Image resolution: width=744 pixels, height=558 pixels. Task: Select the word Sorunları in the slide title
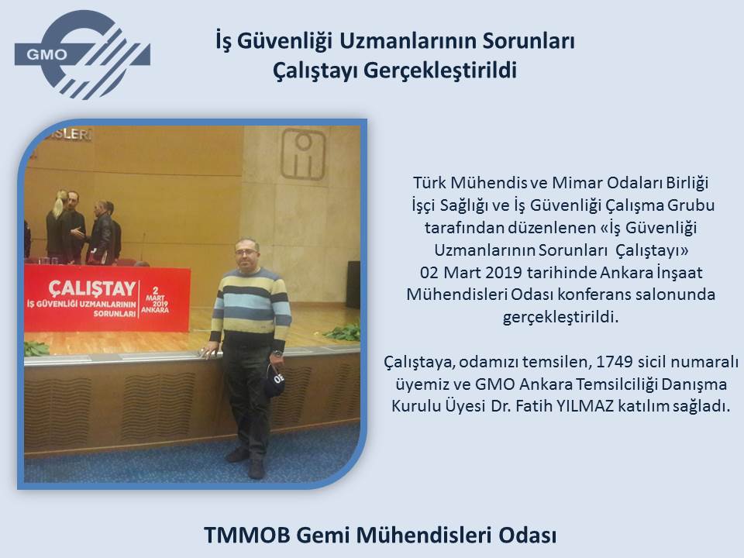[x=529, y=41]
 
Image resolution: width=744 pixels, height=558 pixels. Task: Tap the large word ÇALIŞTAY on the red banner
[x=92, y=288]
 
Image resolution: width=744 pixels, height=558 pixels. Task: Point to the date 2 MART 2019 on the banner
[x=155, y=300]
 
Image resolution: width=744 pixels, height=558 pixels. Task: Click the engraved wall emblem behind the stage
[x=303, y=154]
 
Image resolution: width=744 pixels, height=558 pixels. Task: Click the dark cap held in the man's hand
[x=274, y=380]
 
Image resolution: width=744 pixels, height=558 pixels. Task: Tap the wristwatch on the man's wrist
[x=278, y=353]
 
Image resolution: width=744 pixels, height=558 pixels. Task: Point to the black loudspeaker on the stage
[x=353, y=284]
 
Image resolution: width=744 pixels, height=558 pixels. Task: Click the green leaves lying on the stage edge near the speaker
[x=343, y=332]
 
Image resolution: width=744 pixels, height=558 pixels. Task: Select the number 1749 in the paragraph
[x=614, y=362]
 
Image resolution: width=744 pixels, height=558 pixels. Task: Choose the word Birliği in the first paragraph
[x=687, y=183]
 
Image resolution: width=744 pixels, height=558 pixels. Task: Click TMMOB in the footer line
[x=246, y=535]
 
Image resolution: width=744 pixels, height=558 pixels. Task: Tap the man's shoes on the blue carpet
[x=246, y=462]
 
